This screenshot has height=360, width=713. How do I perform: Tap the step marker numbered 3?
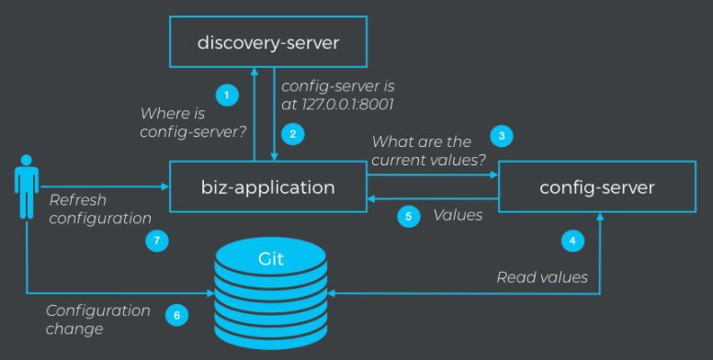[x=502, y=135]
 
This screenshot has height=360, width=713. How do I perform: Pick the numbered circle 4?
[x=572, y=242]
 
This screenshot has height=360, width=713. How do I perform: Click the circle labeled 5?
[x=409, y=218]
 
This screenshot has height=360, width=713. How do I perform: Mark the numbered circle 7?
[x=155, y=242]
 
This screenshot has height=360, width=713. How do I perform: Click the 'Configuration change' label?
[x=97, y=318]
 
